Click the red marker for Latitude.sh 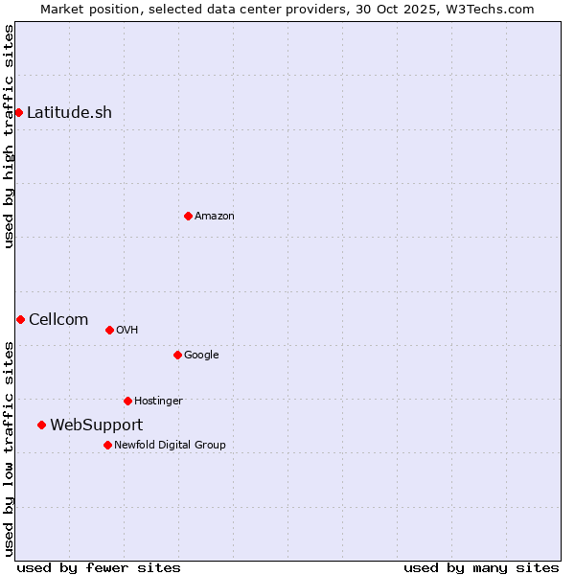pos(18,112)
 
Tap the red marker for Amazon pos(188,216)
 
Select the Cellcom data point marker pos(20,319)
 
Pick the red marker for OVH pos(109,330)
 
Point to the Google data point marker pos(177,355)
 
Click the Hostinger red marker pos(127,401)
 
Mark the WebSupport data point pos(41,425)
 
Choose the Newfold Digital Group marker pos(107,445)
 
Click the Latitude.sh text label pos(69,112)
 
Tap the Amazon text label pos(215,217)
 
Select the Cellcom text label pos(58,319)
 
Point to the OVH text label pos(127,331)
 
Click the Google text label pos(201,356)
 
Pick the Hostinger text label pos(158,402)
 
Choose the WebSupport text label pos(96,425)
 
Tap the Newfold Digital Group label pos(170,445)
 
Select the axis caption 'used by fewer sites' pos(99,567)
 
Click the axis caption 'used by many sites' pos(481,567)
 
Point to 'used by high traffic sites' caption pos(10,136)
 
